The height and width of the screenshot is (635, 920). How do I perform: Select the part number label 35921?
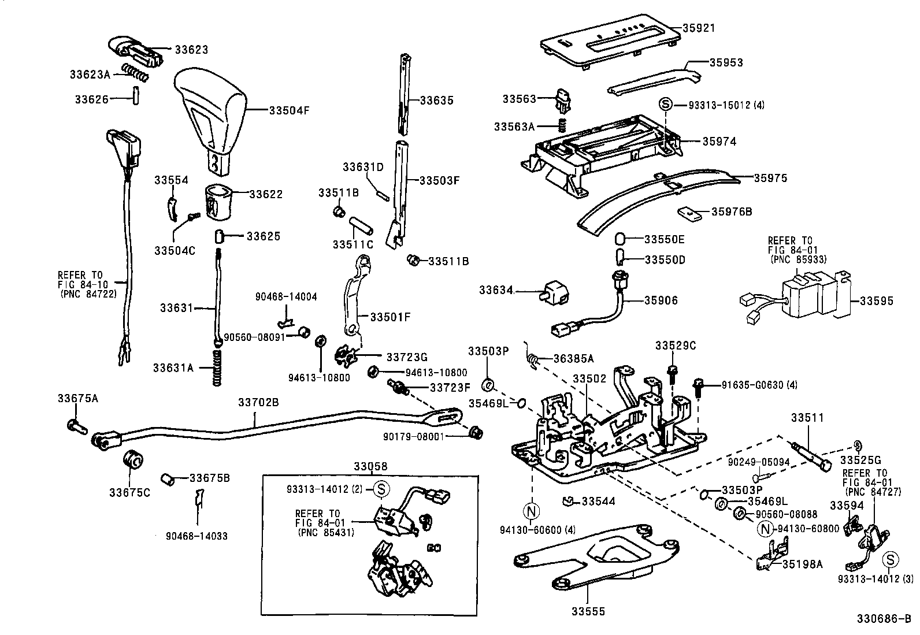click(698, 28)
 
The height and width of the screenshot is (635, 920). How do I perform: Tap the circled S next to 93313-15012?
click(665, 105)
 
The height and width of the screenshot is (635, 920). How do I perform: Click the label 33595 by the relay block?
click(876, 301)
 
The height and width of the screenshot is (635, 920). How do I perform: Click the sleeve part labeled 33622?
click(220, 202)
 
